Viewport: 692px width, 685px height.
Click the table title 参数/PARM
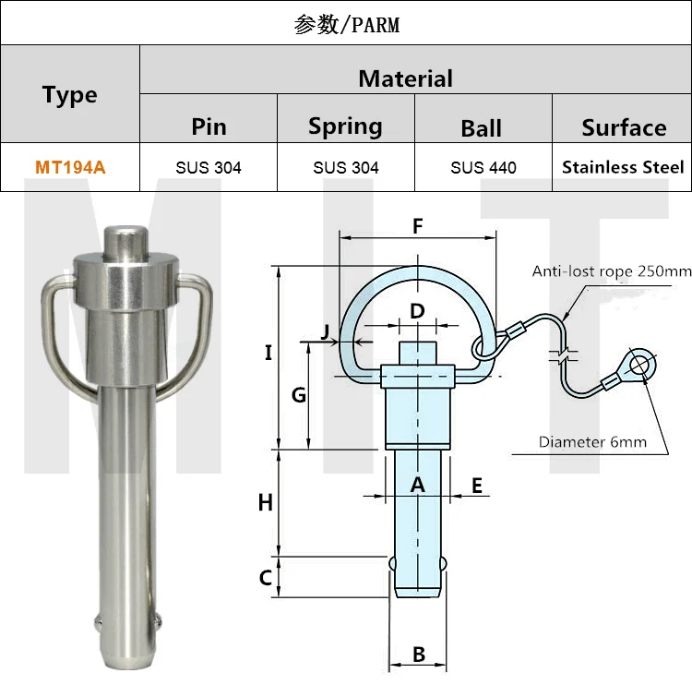tap(346, 24)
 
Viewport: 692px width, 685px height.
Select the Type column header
tap(69, 95)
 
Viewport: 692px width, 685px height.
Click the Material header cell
tap(405, 78)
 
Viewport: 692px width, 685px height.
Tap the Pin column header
tap(209, 126)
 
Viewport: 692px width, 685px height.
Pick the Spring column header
tap(345, 126)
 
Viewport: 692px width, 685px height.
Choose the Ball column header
tap(482, 127)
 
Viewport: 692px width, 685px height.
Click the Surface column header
tap(623, 127)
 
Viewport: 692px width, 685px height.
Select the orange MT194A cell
tap(70, 167)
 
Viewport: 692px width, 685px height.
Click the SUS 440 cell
tap(483, 167)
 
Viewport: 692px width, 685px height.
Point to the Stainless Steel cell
tap(623, 167)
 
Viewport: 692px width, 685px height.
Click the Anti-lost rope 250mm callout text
tap(611, 271)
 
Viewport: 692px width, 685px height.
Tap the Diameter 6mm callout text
tap(592, 442)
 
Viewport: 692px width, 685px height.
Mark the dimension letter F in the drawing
tap(417, 226)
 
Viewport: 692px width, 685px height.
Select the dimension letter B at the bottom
tap(418, 655)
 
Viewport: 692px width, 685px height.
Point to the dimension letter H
tap(266, 503)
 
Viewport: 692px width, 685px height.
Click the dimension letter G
tap(298, 396)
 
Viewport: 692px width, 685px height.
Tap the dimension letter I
tap(268, 352)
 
